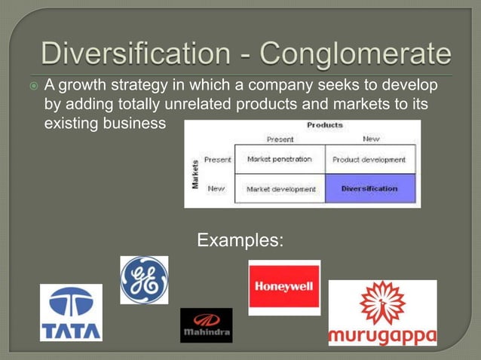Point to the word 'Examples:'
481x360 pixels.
point(240,241)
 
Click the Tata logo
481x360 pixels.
point(71,313)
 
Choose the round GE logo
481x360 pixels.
point(144,280)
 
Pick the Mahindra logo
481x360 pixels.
point(206,325)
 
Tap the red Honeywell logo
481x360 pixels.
point(284,287)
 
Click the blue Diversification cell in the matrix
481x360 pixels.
point(369,188)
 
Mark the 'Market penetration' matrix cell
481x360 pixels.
point(279,160)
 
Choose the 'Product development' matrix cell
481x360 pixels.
point(369,160)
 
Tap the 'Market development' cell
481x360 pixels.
point(280,189)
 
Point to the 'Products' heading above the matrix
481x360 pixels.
point(325,125)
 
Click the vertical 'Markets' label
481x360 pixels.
point(195,174)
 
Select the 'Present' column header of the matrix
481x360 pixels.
point(280,139)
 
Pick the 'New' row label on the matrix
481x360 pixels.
point(216,188)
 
